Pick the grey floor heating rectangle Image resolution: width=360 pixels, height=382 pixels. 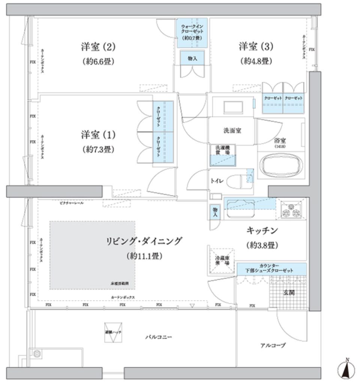click(x=92, y=255)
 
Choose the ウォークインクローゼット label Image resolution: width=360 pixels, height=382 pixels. click(x=192, y=32)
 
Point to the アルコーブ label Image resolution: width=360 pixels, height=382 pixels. click(x=273, y=345)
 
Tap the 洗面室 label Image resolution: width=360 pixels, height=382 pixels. click(x=232, y=131)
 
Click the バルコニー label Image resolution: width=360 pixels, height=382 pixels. click(x=159, y=337)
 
